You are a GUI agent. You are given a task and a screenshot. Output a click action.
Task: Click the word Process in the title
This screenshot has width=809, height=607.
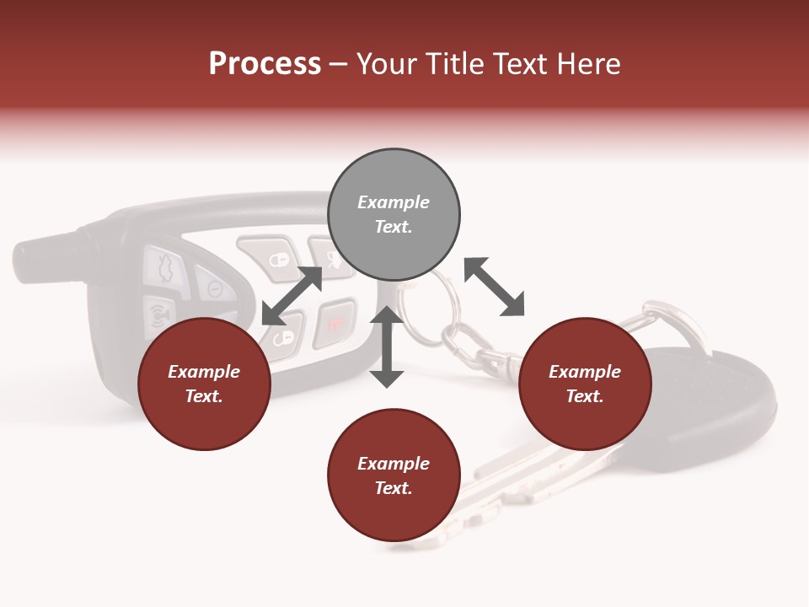pyautogui.click(x=265, y=64)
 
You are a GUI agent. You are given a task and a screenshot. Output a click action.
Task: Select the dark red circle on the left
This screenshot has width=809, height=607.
pyautogui.click(x=204, y=384)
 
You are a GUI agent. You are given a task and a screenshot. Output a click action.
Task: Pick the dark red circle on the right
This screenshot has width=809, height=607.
pyautogui.click(x=585, y=384)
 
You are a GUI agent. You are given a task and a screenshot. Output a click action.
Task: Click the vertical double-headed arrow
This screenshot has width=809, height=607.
pyautogui.click(x=387, y=347)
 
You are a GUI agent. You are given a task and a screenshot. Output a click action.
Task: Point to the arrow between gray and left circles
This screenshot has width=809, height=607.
pyautogui.click(x=292, y=296)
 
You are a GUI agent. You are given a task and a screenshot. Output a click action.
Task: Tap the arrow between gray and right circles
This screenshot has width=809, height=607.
pyautogui.click(x=494, y=287)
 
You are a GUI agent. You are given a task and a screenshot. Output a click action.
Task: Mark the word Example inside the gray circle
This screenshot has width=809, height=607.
pyautogui.click(x=394, y=202)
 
